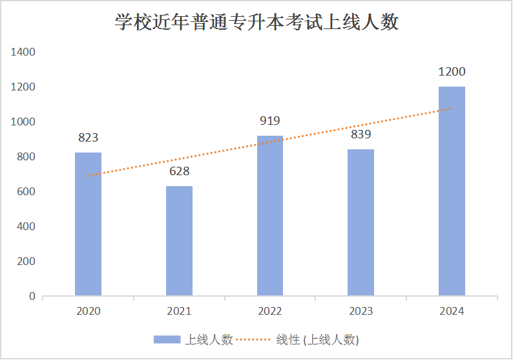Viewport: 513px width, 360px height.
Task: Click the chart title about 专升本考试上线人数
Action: point(256,23)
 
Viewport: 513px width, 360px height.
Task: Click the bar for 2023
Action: point(361,223)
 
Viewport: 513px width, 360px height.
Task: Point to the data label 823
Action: point(88,137)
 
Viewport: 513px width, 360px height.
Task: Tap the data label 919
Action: point(270,120)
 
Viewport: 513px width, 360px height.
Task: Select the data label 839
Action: point(361,134)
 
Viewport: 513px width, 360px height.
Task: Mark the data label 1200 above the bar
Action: point(452,72)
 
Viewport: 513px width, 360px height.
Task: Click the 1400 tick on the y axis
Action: point(23,52)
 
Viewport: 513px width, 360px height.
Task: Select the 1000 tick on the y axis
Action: point(23,122)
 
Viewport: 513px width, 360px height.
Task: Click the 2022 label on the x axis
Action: point(270,312)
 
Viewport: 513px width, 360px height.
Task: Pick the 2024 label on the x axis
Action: point(452,312)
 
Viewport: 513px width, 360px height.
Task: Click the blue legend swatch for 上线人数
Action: point(167,339)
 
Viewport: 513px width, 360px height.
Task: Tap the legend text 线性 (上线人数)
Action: point(317,339)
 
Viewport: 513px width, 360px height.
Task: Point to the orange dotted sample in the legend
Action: point(253,339)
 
